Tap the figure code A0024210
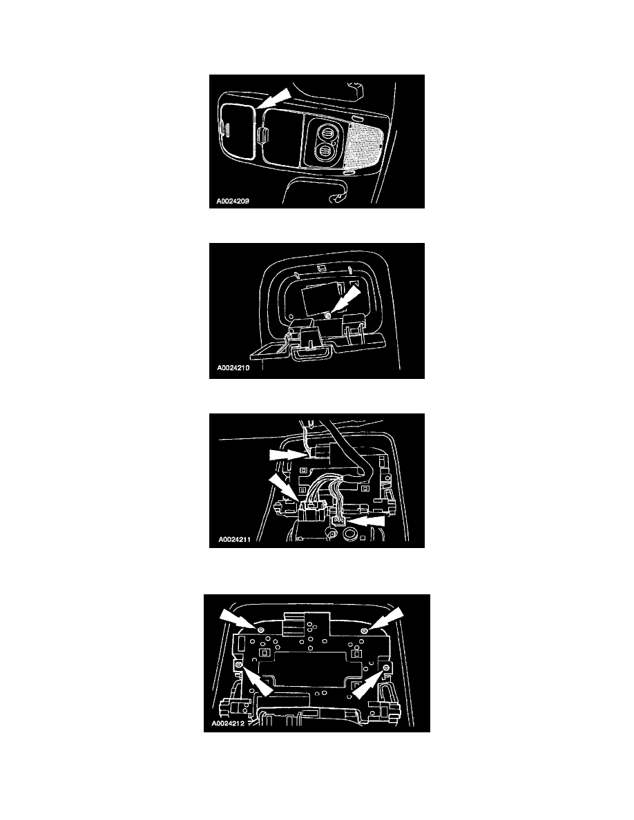(233, 368)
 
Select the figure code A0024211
(234, 539)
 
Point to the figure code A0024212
(228, 724)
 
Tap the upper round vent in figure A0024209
(326, 133)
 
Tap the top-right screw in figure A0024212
(365, 631)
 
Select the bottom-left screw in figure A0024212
(239, 664)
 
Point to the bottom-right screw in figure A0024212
(386, 668)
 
